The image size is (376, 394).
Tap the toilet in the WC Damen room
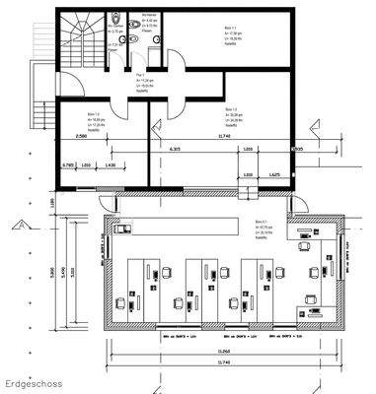click(x=116, y=18)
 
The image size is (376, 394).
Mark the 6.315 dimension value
click(x=175, y=149)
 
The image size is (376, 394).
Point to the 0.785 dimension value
click(x=68, y=165)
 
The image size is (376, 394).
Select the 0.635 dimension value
click(x=299, y=149)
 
